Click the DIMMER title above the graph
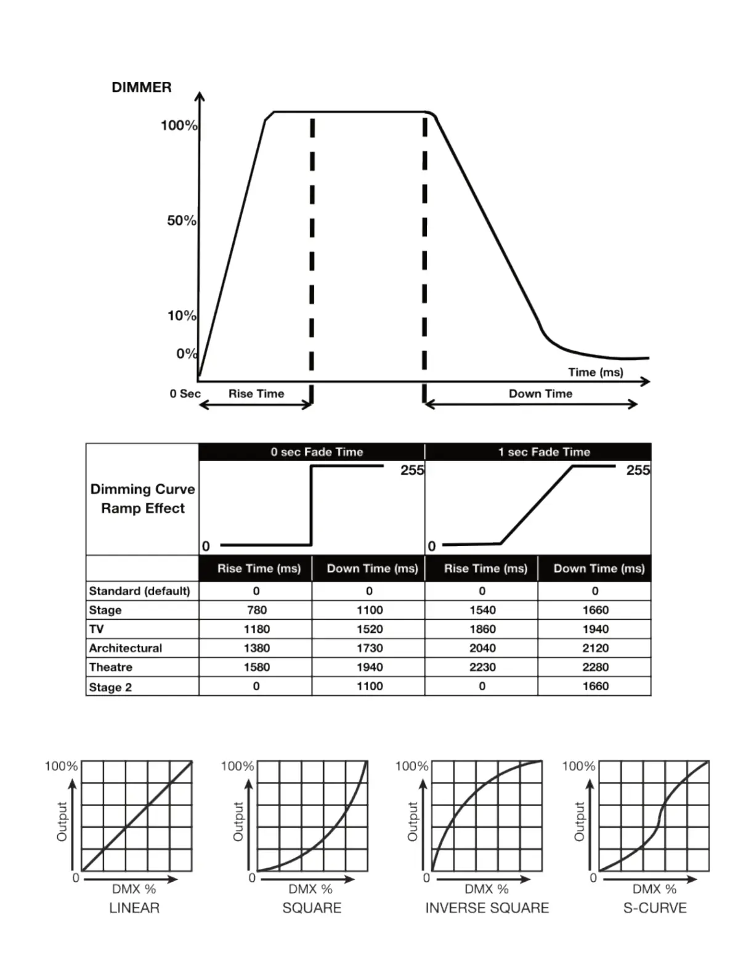pyautogui.click(x=142, y=87)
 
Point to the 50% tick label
pyautogui.click(x=181, y=221)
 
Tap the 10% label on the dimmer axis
pyautogui.click(x=181, y=315)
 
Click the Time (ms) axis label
pyautogui.click(x=595, y=372)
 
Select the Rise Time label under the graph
pyautogui.click(x=256, y=394)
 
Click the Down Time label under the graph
pyautogui.click(x=540, y=394)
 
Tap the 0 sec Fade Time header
pyautogui.click(x=317, y=452)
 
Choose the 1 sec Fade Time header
pyautogui.click(x=544, y=452)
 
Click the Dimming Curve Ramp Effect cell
pyautogui.click(x=143, y=498)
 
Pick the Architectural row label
pyautogui.click(x=126, y=648)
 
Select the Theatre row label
pyautogui.click(x=111, y=667)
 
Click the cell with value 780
pyautogui.click(x=256, y=610)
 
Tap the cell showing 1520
pyautogui.click(x=370, y=629)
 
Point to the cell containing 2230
pyautogui.click(x=482, y=667)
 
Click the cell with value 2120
pyautogui.click(x=595, y=648)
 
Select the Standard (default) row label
pyautogui.click(x=140, y=591)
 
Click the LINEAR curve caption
pyautogui.click(x=134, y=908)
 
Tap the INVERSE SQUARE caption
pyautogui.click(x=487, y=908)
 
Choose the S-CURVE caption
pyautogui.click(x=655, y=908)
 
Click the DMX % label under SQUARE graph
pyautogui.click(x=310, y=889)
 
